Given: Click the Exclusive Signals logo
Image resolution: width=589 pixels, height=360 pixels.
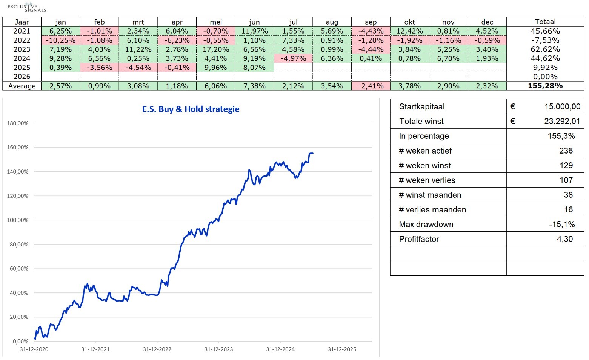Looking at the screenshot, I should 27,7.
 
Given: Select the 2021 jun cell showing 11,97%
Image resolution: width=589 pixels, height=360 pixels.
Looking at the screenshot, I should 254,31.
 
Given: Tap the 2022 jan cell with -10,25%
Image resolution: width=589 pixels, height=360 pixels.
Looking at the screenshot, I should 60,40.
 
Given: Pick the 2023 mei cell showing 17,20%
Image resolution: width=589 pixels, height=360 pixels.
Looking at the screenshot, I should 216,49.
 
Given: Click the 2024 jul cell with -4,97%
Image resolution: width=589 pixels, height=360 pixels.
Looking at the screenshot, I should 293,58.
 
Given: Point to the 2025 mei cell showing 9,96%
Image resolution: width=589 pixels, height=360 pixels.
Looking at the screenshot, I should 216,68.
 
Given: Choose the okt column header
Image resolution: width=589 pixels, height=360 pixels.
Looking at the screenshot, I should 409,22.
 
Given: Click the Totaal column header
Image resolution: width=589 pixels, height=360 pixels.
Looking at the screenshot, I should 545,22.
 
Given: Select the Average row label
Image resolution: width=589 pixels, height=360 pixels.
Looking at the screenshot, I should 22,86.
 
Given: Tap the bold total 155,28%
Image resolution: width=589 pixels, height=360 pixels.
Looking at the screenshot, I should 545,86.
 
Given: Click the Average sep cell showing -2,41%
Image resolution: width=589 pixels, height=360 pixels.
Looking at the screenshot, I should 371,86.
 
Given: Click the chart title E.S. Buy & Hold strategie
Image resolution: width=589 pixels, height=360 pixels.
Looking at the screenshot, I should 191,109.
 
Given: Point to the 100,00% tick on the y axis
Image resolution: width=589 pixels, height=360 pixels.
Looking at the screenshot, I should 18,220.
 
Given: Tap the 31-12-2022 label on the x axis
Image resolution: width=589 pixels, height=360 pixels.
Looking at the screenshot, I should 157,349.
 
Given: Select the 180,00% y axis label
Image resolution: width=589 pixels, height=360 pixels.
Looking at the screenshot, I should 18,123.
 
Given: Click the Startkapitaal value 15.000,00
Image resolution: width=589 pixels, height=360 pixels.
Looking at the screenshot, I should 562,107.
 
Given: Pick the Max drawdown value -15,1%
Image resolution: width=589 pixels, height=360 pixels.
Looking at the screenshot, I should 562,225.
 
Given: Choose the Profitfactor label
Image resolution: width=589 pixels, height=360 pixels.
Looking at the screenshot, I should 419,239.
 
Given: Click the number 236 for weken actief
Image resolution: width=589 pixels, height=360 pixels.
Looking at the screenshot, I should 566,151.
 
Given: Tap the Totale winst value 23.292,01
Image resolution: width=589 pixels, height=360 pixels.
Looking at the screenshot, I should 562,122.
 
